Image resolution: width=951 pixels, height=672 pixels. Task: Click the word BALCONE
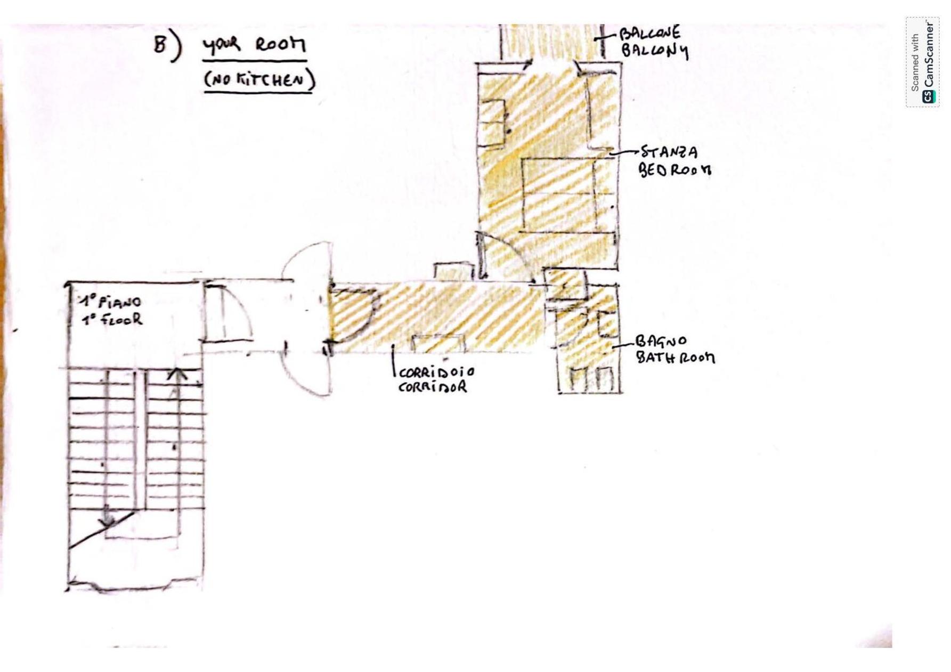coord(650,33)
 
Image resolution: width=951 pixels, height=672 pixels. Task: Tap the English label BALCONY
coord(655,51)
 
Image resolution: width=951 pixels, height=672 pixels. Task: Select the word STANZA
coord(669,152)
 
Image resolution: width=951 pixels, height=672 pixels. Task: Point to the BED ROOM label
coord(674,170)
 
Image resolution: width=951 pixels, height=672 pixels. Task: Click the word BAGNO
coord(661,341)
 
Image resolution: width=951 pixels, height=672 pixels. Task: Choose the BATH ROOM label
coord(676,357)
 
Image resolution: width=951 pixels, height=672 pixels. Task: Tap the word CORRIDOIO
coord(436,371)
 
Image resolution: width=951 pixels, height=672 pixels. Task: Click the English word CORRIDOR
coord(433,387)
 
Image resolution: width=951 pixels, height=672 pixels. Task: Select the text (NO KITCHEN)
coord(259,80)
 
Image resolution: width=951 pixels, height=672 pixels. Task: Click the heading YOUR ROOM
coord(254,45)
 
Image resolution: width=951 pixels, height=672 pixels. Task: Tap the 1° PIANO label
coord(111,302)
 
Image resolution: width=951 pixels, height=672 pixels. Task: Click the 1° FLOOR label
coord(112,319)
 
